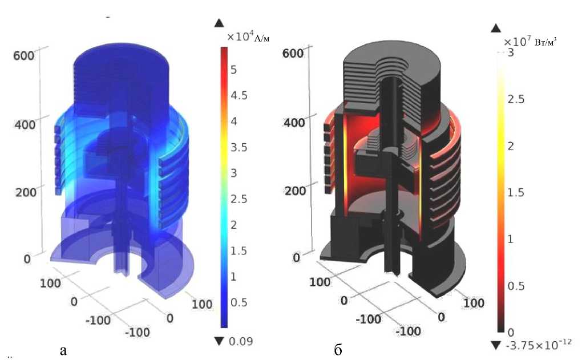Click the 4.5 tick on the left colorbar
239,95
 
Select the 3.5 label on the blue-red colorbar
239,147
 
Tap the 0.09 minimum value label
241,341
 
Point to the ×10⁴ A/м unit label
248,37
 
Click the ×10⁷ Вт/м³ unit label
530,41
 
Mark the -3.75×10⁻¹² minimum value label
539,343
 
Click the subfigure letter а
63,351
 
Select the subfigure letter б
338,350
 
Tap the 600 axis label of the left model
23,56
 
